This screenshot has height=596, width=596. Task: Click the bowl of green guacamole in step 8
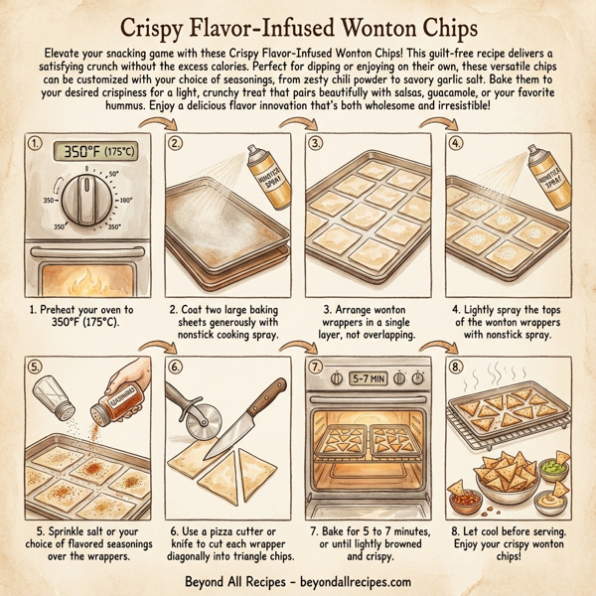pyautogui.click(x=562, y=466)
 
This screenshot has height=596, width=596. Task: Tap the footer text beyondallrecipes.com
pyautogui.click(x=353, y=582)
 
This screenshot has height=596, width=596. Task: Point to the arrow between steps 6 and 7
pyautogui.click(x=297, y=348)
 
